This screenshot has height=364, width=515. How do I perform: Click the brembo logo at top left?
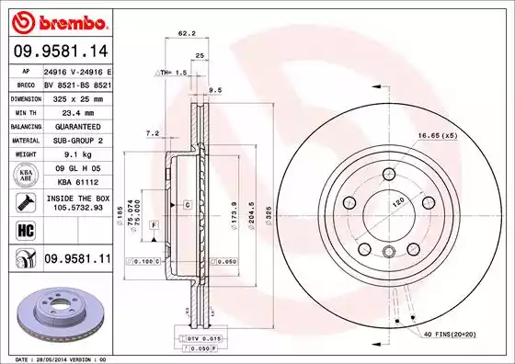[57, 20]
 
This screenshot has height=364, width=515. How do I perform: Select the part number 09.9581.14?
[57, 51]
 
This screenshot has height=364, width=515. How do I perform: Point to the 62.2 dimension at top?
[186, 33]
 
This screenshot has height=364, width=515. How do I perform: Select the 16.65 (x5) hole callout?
[438, 136]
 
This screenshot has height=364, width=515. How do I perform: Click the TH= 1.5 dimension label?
[172, 72]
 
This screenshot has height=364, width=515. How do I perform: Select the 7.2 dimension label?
[153, 133]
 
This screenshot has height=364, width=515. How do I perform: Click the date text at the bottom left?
[57, 358]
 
